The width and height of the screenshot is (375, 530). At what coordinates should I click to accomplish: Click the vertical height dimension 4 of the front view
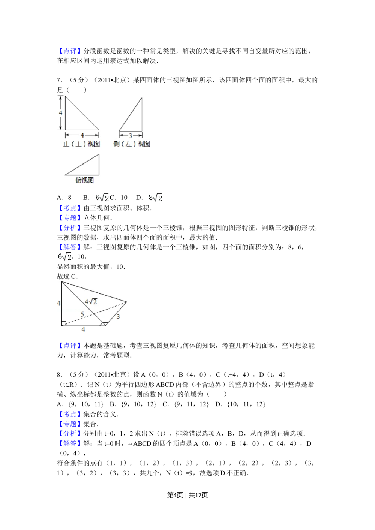click(60, 113)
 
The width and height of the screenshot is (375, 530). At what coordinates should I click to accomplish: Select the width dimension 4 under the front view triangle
click(82, 135)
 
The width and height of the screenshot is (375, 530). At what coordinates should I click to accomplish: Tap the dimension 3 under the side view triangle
click(130, 136)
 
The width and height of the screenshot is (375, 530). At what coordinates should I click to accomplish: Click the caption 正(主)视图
click(82, 144)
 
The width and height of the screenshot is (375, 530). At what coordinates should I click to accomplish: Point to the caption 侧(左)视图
click(132, 144)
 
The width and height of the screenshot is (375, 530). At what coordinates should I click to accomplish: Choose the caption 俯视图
click(84, 180)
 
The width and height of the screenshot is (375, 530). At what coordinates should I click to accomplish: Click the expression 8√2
click(155, 198)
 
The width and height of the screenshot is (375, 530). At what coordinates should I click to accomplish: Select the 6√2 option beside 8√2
click(102, 198)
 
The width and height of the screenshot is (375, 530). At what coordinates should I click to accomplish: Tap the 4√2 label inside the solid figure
click(91, 302)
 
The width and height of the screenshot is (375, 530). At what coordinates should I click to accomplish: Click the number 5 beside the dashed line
click(82, 314)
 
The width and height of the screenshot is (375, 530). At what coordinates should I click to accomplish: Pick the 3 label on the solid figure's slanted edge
click(118, 317)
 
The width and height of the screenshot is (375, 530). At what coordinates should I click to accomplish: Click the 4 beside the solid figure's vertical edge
click(59, 303)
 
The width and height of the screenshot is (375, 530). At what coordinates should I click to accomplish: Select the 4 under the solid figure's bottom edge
click(83, 329)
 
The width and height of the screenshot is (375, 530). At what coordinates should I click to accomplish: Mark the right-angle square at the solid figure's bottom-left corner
click(64, 323)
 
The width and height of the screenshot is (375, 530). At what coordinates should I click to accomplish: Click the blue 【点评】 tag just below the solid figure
click(69, 346)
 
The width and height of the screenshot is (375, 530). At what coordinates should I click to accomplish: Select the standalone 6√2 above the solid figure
click(63, 257)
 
